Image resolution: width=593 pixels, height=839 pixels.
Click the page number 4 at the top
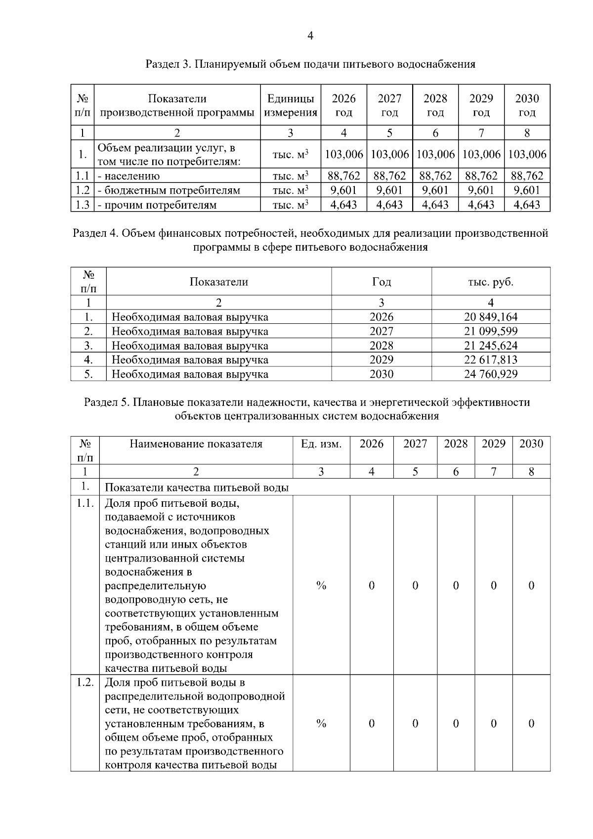[x=310, y=36]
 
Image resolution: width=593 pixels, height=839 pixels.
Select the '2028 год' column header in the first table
[x=435, y=105]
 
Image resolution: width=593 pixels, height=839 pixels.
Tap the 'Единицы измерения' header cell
[x=291, y=105]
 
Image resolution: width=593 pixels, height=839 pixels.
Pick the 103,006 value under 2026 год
[x=344, y=154]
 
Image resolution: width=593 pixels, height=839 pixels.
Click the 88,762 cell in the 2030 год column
[x=527, y=176]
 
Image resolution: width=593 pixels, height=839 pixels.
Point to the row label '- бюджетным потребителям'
[x=169, y=190]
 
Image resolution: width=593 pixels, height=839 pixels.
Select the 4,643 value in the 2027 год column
[x=389, y=205]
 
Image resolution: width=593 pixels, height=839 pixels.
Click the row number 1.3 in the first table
[x=82, y=205]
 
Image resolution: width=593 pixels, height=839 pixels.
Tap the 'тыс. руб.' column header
[x=490, y=282]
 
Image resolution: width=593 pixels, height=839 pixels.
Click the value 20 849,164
[x=490, y=317]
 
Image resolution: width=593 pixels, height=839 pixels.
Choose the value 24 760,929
[x=490, y=374]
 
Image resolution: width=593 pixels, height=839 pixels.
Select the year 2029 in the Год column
[x=381, y=360]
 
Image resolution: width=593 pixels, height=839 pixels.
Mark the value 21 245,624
[x=490, y=346]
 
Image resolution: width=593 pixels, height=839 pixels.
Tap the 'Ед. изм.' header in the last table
[x=321, y=444]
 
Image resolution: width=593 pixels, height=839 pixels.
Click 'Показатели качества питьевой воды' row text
[x=197, y=488]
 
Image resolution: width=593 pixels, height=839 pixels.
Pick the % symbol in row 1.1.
[x=321, y=586]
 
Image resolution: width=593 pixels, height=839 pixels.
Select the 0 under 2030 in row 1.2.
[x=531, y=724]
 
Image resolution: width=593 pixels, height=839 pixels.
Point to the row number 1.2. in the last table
[x=85, y=683]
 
